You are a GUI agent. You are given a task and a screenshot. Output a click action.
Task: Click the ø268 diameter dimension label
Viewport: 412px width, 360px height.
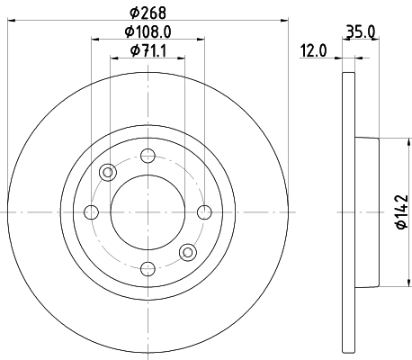tap(147, 12)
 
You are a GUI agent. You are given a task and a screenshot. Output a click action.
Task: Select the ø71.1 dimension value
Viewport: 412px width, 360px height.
tap(147, 50)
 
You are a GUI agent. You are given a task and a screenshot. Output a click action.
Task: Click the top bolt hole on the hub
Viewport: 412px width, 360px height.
tap(148, 154)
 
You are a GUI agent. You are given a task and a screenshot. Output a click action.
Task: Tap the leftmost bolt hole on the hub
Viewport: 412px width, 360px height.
tap(90, 212)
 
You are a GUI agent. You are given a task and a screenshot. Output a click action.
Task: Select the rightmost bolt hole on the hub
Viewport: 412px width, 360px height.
tap(204, 212)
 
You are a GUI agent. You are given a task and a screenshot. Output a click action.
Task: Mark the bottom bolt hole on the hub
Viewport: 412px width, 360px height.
tap(148, 268)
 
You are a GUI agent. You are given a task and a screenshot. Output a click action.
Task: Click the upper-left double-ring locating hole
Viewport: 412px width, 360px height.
tap(108, 172)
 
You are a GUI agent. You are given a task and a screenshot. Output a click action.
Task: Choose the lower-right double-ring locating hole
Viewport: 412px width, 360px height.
tap(187, 252)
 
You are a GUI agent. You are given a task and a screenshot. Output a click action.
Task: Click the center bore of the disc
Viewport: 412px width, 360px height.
tap(147, 212)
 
